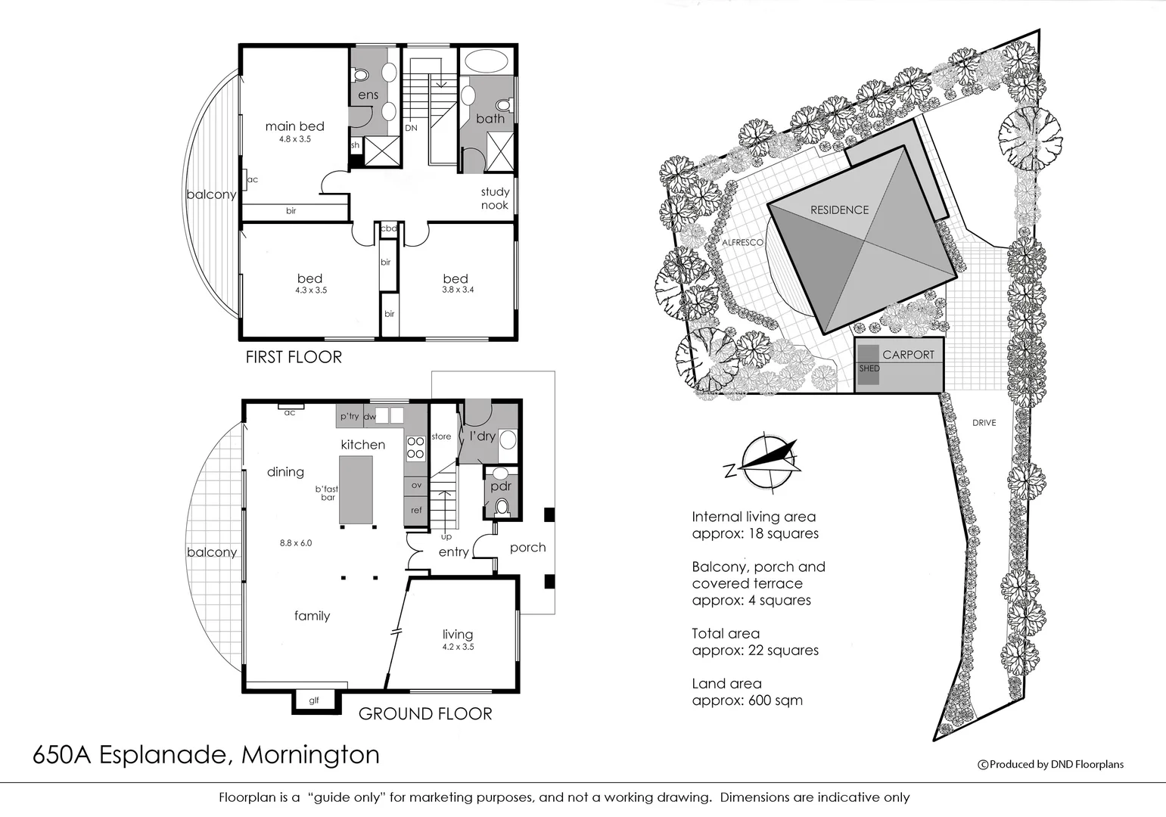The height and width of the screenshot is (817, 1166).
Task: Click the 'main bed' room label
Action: [294, 126]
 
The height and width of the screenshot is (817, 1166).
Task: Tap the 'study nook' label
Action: [495, 198]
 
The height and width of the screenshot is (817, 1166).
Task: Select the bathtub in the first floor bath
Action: [486, 62]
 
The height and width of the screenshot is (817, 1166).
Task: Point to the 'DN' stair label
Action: [411, 128]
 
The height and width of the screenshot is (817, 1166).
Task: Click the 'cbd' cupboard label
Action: [388, 228]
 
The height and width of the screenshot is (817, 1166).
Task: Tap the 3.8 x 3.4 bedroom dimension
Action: [458, 290]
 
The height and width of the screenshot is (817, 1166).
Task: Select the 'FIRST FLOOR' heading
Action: [294, 357]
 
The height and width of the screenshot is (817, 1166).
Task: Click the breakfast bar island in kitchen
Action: [356, 489]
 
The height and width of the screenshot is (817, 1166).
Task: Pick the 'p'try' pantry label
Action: [349, 416]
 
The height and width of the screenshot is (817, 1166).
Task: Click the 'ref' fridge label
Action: [416, 511]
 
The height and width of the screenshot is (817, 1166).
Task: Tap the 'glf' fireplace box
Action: [313, 701]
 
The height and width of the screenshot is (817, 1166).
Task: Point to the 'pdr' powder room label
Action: [501, 486]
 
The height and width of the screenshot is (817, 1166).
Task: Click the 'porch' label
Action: [527, 548]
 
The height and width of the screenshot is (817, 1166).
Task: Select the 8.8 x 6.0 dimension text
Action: [296, 543]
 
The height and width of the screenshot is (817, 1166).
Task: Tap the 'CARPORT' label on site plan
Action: [908, 355]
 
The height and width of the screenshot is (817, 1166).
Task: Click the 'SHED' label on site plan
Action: [869, 368]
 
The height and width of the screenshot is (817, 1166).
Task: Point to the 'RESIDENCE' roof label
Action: [839, 210]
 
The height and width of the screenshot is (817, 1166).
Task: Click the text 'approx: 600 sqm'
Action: [747, 701]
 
